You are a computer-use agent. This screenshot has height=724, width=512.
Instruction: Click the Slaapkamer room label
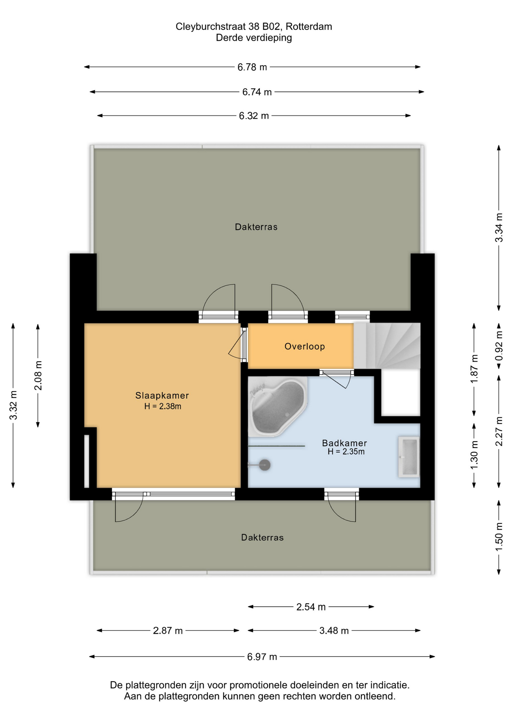pyautogui.click(x=162, y=396)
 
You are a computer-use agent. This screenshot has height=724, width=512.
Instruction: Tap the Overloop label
pyautogui.click(x=305, y=347)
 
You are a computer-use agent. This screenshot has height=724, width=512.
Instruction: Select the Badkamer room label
pyautogui.click(x=344, y=443)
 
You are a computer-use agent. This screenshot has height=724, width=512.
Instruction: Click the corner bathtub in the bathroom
pyautogui.click(x=278, y=407)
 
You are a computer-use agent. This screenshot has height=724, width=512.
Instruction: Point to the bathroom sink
pyautogui.click(x=409, y=457)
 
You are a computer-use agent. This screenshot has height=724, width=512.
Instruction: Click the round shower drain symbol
pyautogui.click(x=265, y=465)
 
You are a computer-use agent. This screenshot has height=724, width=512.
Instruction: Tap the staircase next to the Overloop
pyautogui.click(x=387, y=346)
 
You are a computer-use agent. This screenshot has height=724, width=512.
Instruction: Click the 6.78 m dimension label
pyautogui.click(x=252, y=67)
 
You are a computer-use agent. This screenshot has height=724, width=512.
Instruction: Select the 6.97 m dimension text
pyautogui.click(x=262, y=657)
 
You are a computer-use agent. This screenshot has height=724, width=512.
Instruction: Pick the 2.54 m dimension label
pyautogui.click(x=311, y=607)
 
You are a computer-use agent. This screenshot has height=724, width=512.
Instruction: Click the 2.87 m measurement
pyautogui.click(x=168, y=630)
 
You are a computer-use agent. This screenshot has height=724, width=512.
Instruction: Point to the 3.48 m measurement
pyautogui.click(x=334, y=630)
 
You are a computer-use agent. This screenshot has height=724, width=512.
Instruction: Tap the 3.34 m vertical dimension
pyautogui.click(x=499, y=228)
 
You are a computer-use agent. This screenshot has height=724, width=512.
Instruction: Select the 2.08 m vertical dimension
pyautogui.click(x=38, y=376)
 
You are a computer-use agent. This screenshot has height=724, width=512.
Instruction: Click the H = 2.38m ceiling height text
pyautogui.click(x=163, y=406)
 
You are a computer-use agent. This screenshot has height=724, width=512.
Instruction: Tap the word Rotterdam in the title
pyautogui.click(x=309, y=27)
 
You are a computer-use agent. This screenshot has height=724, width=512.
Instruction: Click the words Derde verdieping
pyautogui.click(x=254, y=38)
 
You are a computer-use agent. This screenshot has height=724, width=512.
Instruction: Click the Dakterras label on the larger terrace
pyautogui.click(x=256, y=227)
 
